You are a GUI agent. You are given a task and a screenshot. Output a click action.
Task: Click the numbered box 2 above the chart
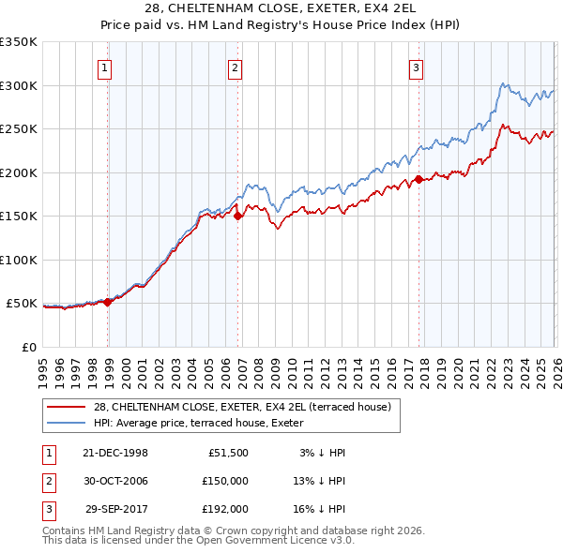pyautogui.click(x=235, y=67)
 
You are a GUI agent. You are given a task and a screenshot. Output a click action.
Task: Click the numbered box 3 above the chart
pyautogui.click(x=416, y=67)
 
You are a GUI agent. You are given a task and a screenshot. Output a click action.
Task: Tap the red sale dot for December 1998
pyautogui.click(x=108, y=302)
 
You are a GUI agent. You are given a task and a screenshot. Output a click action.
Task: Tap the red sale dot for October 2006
pyautogui.click(x=238, y=216)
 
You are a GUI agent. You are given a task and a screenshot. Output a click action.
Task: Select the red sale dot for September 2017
pyautogui.click(x=418, y=179)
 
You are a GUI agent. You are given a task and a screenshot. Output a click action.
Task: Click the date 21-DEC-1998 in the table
pyautogui.click(x=115, y=453)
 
